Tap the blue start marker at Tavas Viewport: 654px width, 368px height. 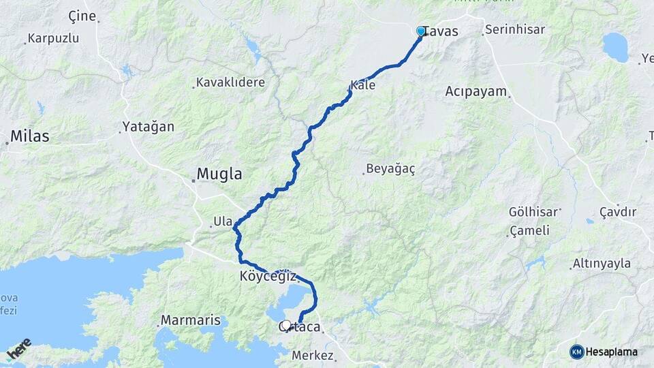coord(421,31)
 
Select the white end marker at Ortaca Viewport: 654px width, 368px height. coord(287,325)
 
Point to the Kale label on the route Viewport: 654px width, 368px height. coord(362,86)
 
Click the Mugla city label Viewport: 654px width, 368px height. coord(219,174)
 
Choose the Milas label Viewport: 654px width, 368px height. coord(30,136)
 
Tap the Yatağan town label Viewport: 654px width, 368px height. coord(148,127)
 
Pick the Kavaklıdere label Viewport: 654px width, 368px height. coord(230,82)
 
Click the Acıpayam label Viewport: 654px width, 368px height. coord(476,91)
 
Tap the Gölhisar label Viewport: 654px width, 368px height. coord(533,212)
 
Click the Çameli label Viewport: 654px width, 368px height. coord(531,230)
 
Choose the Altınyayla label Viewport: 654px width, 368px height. coord(602,264)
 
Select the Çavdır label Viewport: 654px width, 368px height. coord(617,212)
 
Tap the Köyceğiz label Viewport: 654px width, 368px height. coord(268,277)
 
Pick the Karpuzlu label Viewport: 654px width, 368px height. coord(54,38)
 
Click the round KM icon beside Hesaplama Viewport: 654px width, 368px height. coord(576,352)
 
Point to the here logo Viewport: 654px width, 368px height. coord(19,349)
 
